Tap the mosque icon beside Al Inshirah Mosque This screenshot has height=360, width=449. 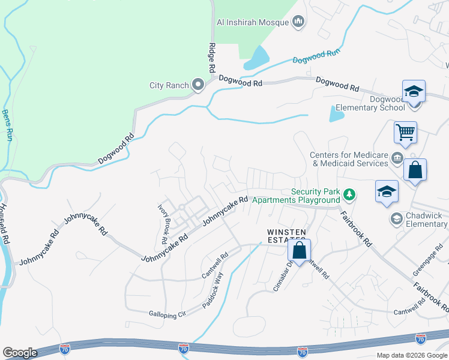pyautogui.click(x=298, y=23)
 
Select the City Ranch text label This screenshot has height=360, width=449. pyautogui.click(x=169, y=86)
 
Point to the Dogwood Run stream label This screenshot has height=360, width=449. pyautogui.click(x=316, y=56)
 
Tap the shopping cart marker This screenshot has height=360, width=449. pyautogui.click(x=406, y=132)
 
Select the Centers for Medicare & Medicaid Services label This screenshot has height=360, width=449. pyautogui.click(x=349, y=159)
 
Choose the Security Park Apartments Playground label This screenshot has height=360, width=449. pyautogui.click(x=295, y=196)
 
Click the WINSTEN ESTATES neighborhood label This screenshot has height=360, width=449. pyautogui.click(x=287, y=236)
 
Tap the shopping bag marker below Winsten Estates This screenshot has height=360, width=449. pyautogui.click(x=300, y=251)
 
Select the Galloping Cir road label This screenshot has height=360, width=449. pyautogui.click(x=168, y=313)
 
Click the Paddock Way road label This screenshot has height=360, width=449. pyautogui.click(x=212, y=290)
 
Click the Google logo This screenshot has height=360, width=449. pyautogui.click(x=20, y=353)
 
